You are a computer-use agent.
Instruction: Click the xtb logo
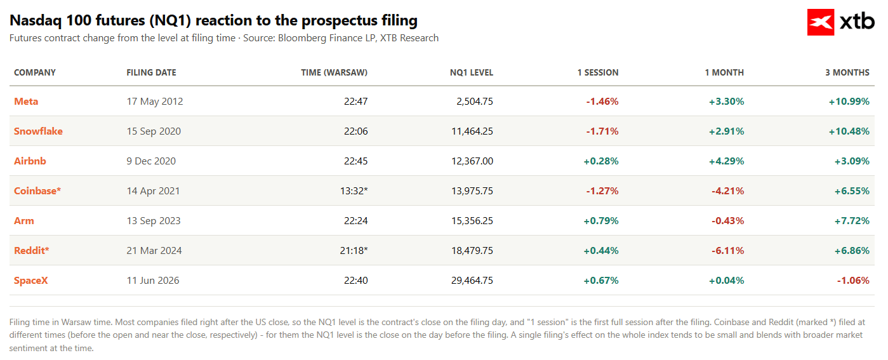pos(841,22)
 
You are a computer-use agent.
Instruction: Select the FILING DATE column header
pos(152,72)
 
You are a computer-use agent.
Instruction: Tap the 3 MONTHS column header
pos(847,72)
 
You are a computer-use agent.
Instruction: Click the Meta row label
pos(26,102)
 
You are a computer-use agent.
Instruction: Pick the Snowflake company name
pos(39,131)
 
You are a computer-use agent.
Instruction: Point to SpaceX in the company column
pos(31,281)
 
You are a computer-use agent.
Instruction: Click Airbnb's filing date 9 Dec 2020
pos(151,161)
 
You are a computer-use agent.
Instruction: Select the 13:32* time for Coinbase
pos(354,191)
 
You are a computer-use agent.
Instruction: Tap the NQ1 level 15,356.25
pos(472,221)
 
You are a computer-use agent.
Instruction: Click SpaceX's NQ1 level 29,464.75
pos(472,281)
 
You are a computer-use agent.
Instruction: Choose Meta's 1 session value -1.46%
pos(602,102)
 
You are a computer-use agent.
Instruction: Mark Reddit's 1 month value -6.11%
pos(727,251)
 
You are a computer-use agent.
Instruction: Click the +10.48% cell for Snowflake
pos(849,131)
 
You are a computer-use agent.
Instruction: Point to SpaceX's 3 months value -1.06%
pos(853,281)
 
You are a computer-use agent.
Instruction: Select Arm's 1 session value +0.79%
pos(601,221)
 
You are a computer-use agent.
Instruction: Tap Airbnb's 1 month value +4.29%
pos(726,161)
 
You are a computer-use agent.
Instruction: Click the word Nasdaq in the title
pos(36,20)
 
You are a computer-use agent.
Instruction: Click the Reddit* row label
pos(32,251)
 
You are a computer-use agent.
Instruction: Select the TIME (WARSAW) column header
pos(334,72)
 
